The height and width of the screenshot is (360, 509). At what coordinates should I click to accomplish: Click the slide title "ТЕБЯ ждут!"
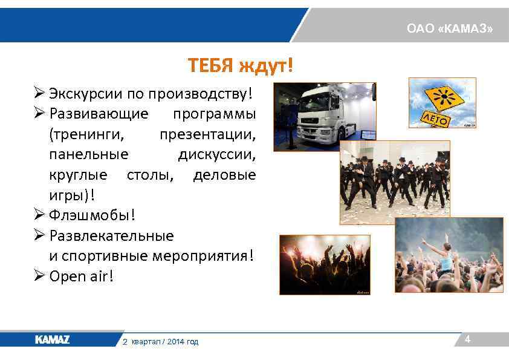(240, 65)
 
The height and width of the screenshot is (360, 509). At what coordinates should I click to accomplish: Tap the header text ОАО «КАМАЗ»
(449, 29)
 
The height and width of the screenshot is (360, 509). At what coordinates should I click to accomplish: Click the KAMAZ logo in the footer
(52, 340)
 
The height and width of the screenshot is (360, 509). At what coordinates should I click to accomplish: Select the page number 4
(467, 340)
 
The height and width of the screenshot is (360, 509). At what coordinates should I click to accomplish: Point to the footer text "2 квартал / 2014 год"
(160, 342)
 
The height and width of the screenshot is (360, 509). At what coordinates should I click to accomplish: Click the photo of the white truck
(325, 116)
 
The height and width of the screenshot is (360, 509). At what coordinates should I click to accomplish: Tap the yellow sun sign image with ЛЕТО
(442, 103)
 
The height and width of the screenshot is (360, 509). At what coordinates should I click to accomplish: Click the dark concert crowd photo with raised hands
(324, 264)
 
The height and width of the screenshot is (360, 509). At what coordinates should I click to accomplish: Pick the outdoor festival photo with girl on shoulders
(449, 255)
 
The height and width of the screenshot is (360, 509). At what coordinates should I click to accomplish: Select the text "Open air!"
(81, 277)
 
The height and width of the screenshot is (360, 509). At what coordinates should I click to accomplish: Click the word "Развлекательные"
(111, 236)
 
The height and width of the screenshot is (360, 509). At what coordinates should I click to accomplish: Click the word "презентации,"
(207, 134)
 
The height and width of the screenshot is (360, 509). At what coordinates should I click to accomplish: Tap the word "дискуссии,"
(216, 154)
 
